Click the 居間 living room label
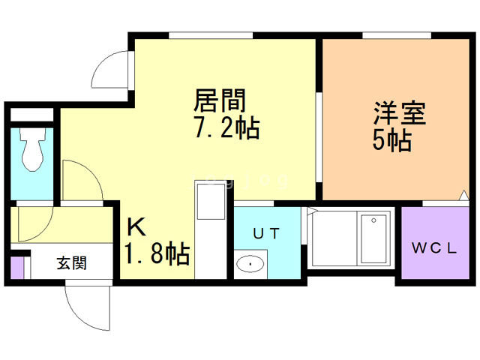pos(220,100)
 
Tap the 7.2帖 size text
pos(226,128)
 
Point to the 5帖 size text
pos(391,141)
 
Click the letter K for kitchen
pos(136,226)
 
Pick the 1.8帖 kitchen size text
pos(156,255)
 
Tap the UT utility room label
pos(266,233)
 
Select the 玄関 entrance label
pos(72,263)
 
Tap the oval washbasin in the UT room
pos(250,264)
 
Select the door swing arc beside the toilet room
pos(79,180)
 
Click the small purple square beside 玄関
pos(17,267)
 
